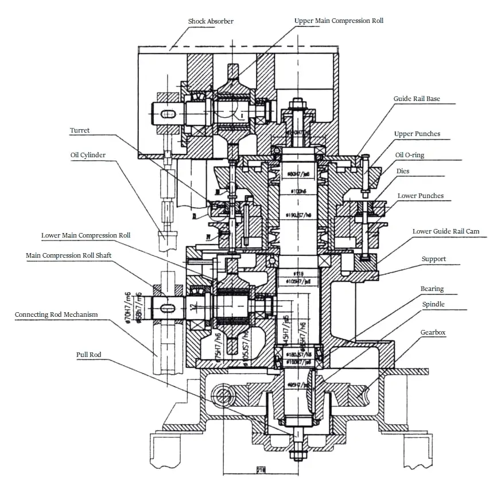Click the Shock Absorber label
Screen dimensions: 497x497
click(211, 22)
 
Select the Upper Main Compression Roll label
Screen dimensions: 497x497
click(339, 21)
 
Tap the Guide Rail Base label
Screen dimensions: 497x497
click(417, 99)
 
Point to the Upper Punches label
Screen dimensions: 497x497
click(417, 134)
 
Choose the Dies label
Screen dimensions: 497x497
click(403, 171)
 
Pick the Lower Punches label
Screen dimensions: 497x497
click(420, 196)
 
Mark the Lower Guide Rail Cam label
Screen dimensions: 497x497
click(445, 231)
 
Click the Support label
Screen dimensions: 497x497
click(433, 259)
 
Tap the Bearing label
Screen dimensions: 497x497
click(432, 289)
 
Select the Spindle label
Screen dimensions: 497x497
click(433, 304)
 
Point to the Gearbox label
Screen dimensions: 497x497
click(433, 332)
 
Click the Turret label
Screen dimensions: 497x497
click(80, 130)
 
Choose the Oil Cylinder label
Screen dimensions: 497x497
click(88, 155)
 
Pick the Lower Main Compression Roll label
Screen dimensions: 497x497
click(86, 235)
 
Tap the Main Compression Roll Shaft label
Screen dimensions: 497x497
click(68, 255)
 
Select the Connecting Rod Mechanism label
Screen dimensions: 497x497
click(56, 314)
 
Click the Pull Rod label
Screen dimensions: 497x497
click(88, 355)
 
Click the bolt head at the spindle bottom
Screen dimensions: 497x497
click(296, 456)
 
